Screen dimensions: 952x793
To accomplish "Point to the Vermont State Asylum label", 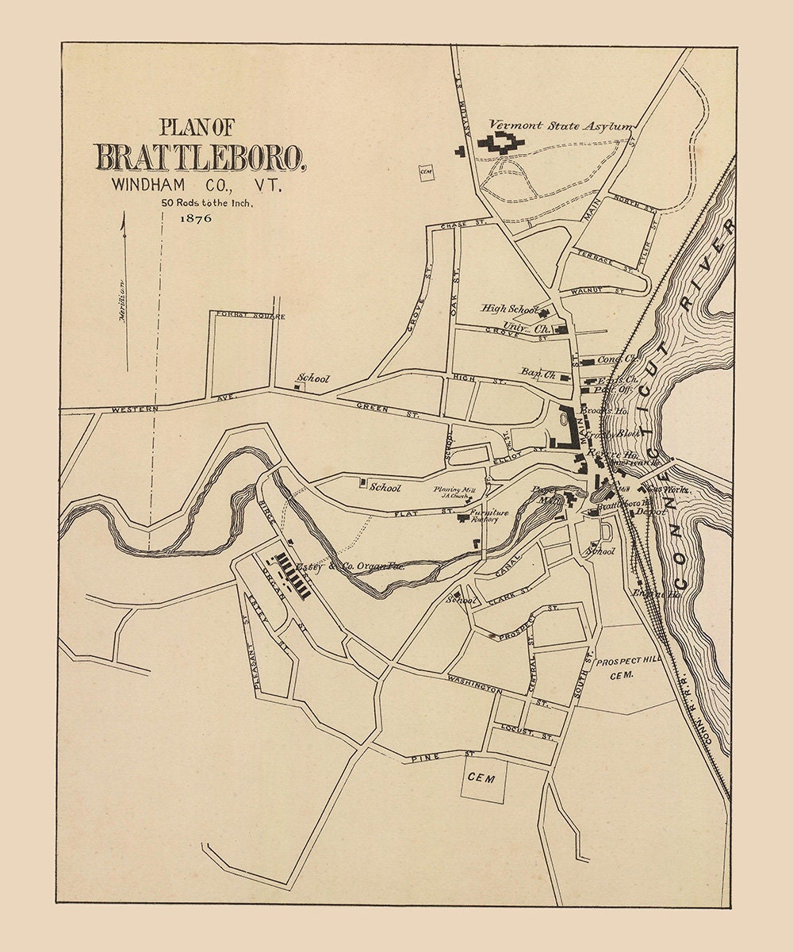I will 561,125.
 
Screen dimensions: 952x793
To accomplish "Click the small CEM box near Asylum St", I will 426,171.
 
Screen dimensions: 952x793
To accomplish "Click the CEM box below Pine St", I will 481,778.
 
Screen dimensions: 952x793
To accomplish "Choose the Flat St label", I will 409,513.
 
